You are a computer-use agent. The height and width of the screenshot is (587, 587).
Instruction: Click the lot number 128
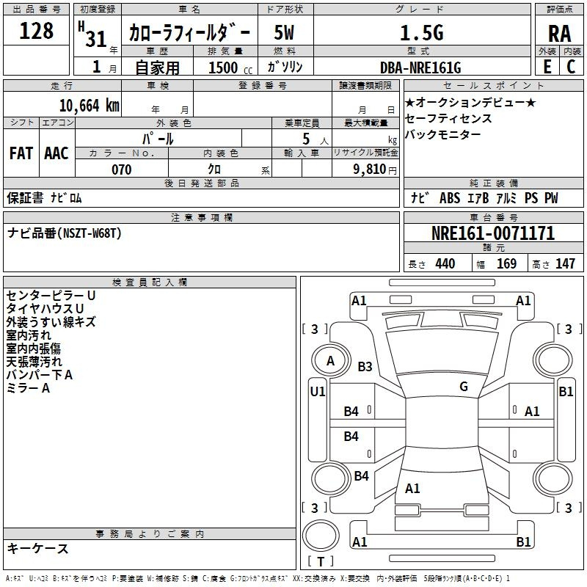(x=37, y=31)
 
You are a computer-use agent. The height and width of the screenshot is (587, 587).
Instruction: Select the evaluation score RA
(x=559, y=33)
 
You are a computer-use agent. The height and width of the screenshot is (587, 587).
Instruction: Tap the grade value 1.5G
(x=421, y=33)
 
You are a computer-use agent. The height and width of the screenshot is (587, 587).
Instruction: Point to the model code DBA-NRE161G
(x=420, y=68)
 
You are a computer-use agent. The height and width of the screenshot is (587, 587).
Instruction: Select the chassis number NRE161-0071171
(x=492, y=234)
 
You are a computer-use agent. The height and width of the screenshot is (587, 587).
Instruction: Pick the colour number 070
(x=121, y=169)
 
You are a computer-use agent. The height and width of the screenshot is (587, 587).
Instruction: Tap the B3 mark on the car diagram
(x=365, y=367)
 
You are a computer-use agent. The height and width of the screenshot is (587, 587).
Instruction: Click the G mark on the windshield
(x=464, y=387)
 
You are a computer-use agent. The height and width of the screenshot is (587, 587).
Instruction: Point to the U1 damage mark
(x=318, y=392)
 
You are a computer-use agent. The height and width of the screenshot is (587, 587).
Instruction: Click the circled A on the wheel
(x=330, y=361)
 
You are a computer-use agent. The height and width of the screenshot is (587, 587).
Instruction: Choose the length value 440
(x=445, y=264)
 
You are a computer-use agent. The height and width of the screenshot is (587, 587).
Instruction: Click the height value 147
(x=565, y=264)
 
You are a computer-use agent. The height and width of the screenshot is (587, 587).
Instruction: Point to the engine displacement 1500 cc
(x=225, y=68)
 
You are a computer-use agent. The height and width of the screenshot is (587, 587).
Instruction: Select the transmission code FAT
(x=21, y=153)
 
